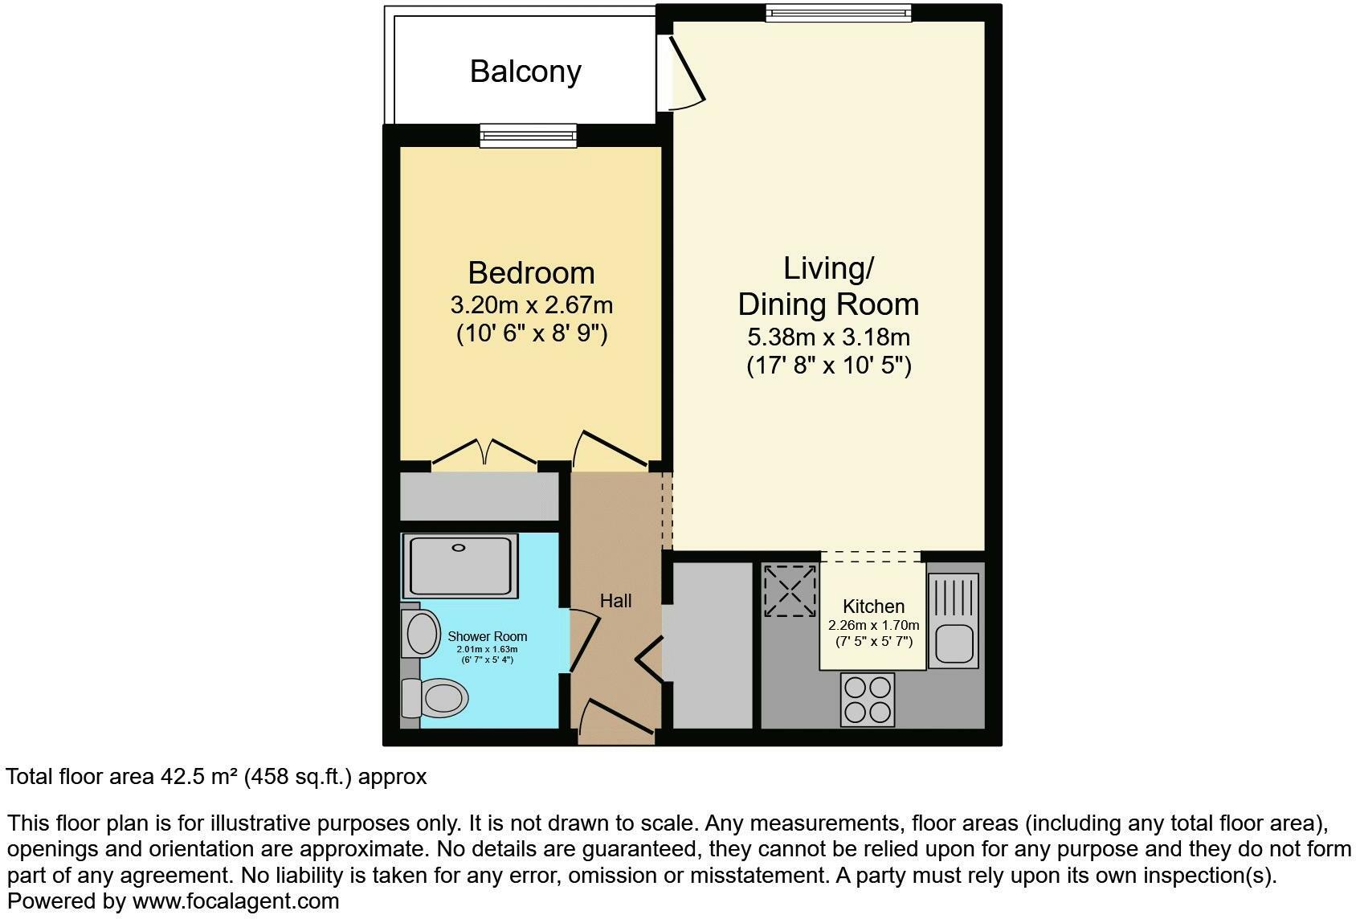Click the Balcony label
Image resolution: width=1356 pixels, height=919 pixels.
(x=525, y=72)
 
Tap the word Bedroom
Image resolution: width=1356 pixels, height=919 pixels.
(x=532, y=273)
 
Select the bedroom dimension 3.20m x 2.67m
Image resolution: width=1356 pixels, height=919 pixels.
(x=532, y=305)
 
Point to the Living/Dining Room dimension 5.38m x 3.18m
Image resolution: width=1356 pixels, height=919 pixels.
(x=829, y=337)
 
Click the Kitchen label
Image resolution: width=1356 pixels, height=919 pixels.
(x=873, y=606)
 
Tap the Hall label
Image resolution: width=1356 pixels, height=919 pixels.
(x=615, y=601)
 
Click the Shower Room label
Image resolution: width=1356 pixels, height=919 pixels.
(x=488, y=636)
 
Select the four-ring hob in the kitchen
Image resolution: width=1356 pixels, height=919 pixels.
(x=868, y=699)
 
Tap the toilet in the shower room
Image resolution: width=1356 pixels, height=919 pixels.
(x=435, y=698)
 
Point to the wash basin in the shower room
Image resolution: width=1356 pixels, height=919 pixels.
(x=421, y=633)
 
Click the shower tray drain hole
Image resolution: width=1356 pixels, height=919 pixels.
(x=459, y=548)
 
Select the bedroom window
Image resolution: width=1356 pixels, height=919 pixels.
(x=529, y=136)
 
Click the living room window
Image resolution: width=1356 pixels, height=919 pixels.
(x=839, y=13)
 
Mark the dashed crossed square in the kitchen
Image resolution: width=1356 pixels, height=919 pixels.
(x=790, y=590)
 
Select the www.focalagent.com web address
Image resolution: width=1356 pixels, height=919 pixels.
(x=236, y=901)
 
